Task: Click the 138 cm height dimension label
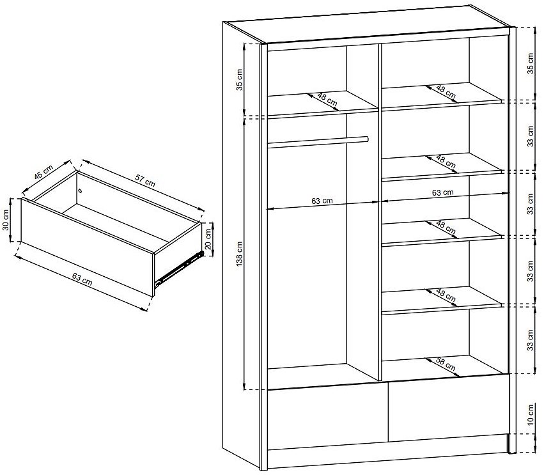tap(240, 254)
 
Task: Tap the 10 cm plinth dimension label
tap(530, 415)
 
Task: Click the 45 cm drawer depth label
tap(43, 173)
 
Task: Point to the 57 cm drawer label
tap(145, 180)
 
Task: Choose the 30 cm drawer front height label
tap(6, 221)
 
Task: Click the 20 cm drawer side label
tap(208, 239)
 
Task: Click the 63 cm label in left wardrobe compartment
tap(322, 201)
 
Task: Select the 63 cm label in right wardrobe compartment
tap(443, 192)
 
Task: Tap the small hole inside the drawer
tap(81, 190)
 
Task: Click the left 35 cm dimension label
tap(240, 80)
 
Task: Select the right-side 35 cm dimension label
tap(530, 63)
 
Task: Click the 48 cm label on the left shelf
tap(327, 100)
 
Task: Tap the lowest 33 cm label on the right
tap(530, 340)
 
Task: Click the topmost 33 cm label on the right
tap(530, 136)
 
